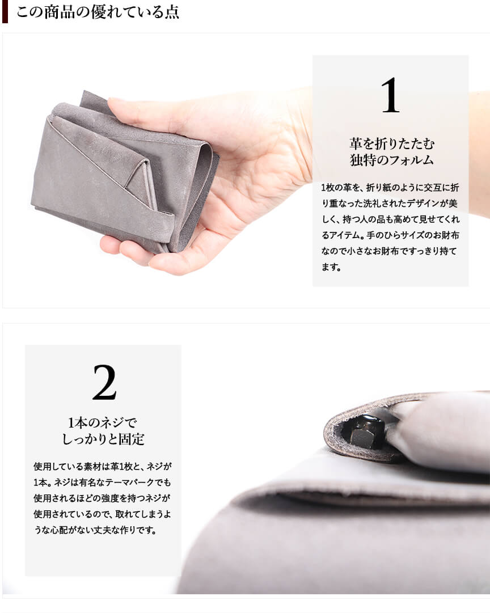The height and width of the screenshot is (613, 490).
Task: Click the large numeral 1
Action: click(x=391, y=95)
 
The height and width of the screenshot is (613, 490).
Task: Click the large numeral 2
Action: click(x=104, y=382)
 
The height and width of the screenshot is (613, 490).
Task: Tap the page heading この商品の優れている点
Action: click(x=98, y=12)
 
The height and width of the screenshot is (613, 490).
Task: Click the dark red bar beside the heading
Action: click(x=5, y=12)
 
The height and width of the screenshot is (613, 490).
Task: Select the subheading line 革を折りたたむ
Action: click(x=392, y=144)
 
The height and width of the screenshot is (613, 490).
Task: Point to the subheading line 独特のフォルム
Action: click(x=392, y=160)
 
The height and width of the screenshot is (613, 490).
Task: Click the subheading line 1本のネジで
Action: click(x=103, y=422)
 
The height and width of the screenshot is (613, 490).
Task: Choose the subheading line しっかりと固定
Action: click(x=103, y=439)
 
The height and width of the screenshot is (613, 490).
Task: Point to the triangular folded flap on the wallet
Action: click(x=137, y=180)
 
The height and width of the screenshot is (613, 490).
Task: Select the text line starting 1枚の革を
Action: click(x=390, y=188)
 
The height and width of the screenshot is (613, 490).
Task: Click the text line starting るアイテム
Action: click(x=390, y=235)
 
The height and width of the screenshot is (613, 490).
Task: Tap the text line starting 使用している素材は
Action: click(x=103, y=466)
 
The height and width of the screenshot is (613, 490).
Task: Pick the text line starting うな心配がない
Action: click(x=95, y=530)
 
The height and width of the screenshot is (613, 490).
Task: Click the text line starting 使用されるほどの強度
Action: click(x=103, y=498)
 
